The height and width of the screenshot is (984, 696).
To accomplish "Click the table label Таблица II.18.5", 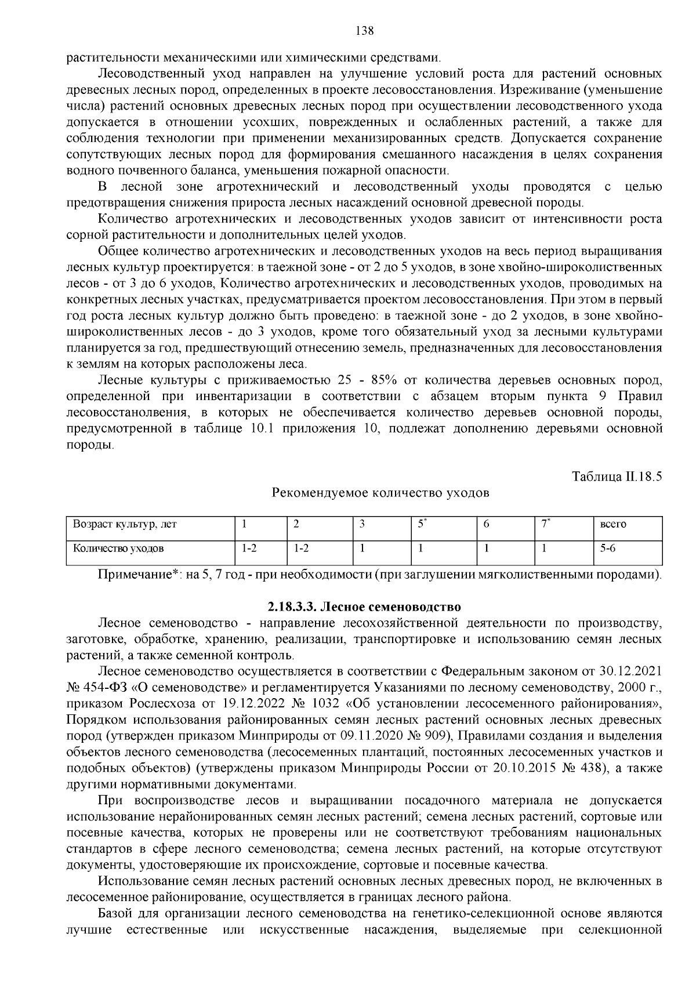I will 617,477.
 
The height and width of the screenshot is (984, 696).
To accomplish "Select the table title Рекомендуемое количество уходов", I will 380,493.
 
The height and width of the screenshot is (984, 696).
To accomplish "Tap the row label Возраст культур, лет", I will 124,524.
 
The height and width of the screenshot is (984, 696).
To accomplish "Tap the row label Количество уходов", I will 118,547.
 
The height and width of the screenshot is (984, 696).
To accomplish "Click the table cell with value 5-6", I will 607,547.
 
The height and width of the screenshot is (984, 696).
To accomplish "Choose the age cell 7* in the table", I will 545,524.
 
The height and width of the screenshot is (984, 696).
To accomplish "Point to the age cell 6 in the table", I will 486,524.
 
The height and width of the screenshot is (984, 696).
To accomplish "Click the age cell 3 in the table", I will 362,524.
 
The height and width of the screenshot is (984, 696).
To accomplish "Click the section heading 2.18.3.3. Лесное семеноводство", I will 364,607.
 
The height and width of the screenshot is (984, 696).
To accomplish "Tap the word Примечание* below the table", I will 137,575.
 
